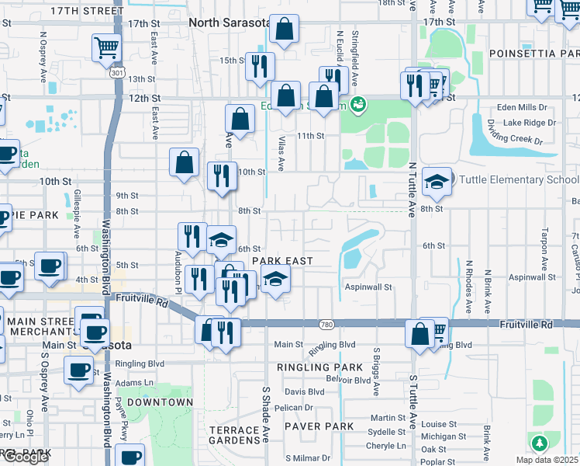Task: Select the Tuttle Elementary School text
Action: pos(519,180)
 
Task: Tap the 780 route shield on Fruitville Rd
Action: pos(327,323)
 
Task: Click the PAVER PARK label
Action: pos(319,426)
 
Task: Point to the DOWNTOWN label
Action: pos(160,402)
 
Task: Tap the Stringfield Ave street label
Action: pos(354,59)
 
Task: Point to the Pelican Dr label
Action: pos(293,407)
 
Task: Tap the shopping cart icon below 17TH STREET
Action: pos(105,48)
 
